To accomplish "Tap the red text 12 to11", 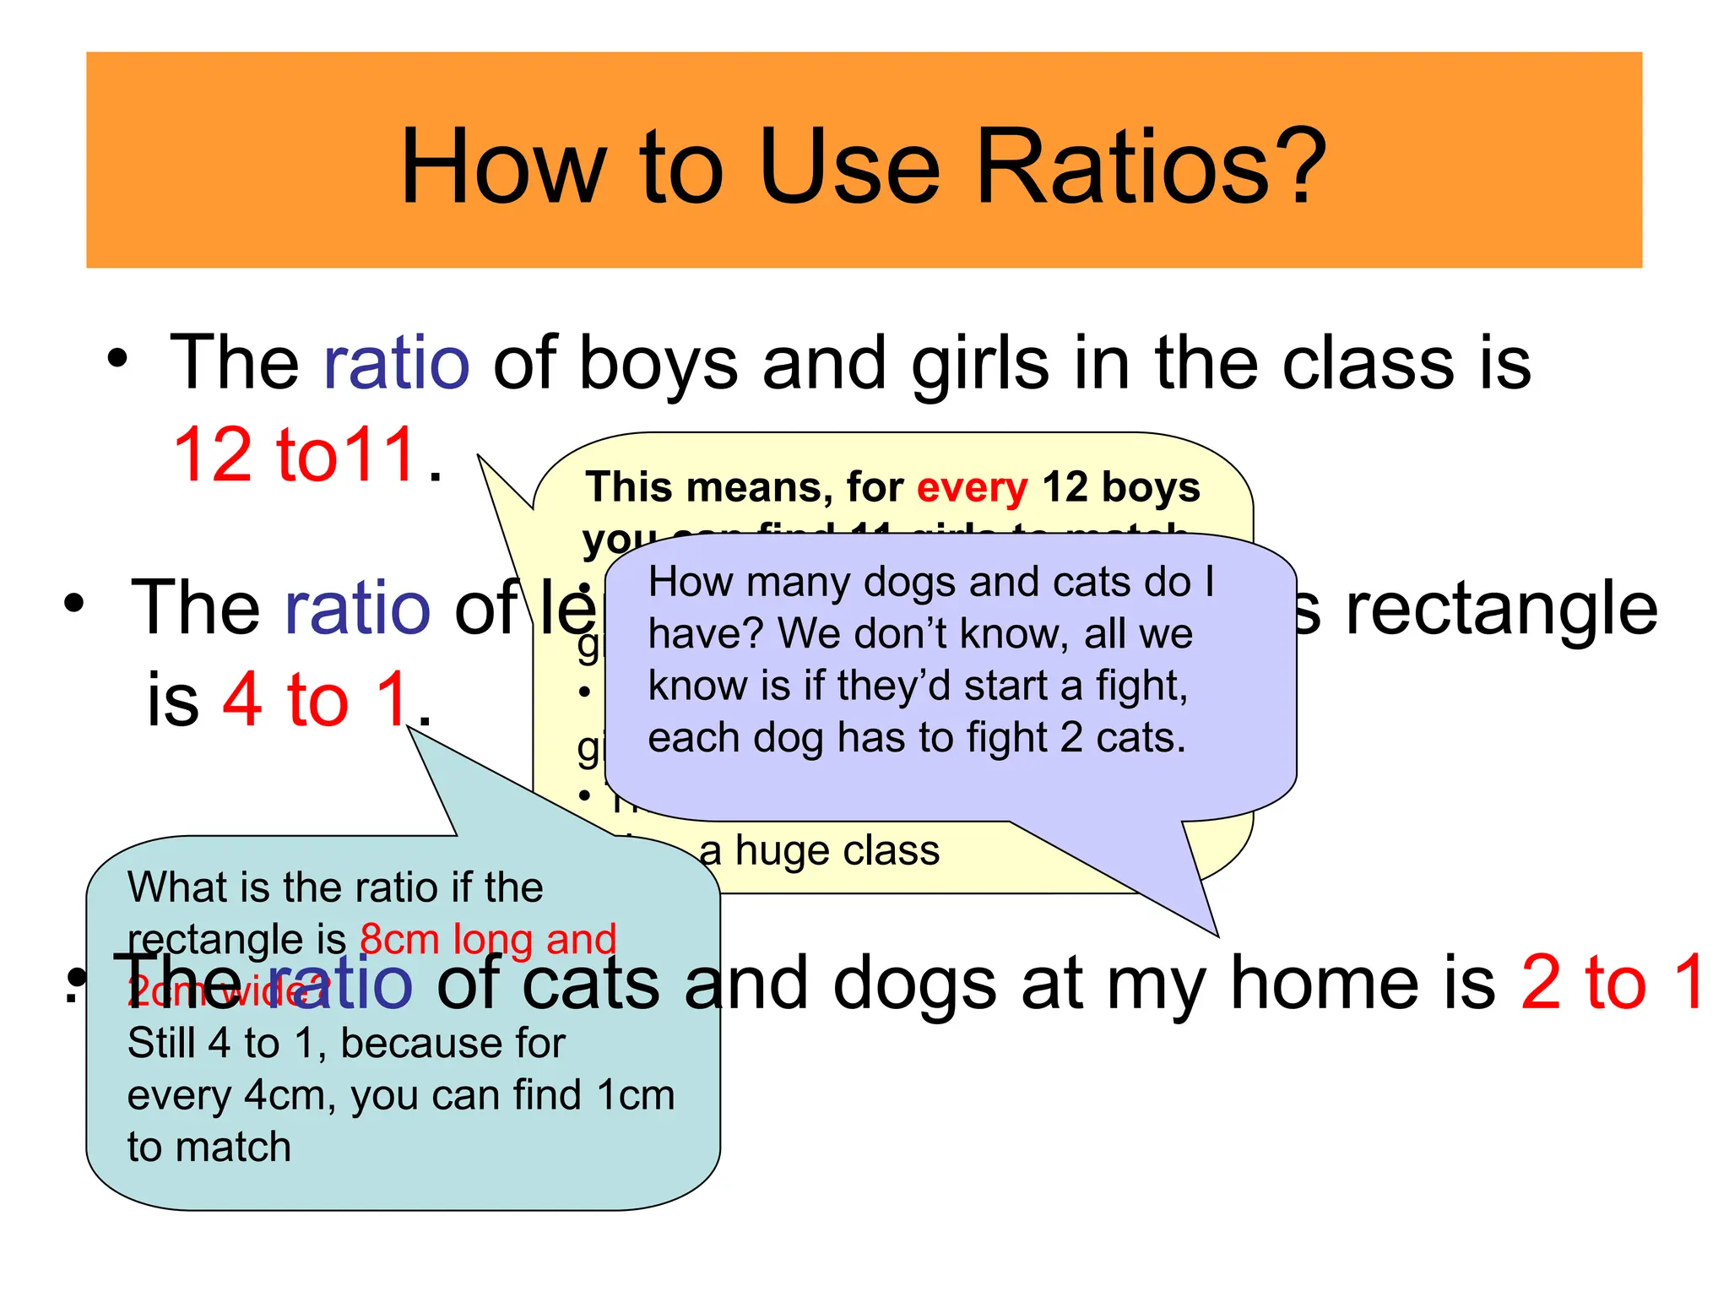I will pos(295,456).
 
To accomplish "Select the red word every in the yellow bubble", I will pos(972,488).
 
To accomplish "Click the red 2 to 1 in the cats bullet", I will pos(1612,982).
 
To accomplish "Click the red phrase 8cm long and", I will pos(488,940).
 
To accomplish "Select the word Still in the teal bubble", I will pos(161,1044).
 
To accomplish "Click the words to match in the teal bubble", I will pos(209,1148).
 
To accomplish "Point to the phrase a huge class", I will pos(819,850).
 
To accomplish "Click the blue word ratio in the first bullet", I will pos(396,363).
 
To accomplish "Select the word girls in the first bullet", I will pos(980,363).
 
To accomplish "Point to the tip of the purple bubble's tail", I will pos(1217,935).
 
